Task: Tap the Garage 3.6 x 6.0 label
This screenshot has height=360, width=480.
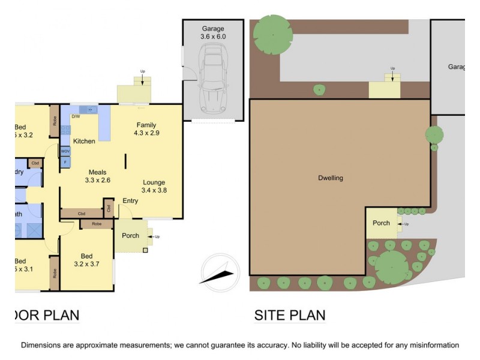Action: pyautogui.click(x=213, y=32)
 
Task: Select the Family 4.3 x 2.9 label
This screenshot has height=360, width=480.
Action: pyautogui.click(x=146, y=128)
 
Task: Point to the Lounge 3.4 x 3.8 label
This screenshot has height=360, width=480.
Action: pyautogui.click(x=154, y=186)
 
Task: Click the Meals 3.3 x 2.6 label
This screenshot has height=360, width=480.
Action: pyautogui.click(x=98, y=175)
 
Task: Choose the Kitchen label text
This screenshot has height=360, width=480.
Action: pyautogui.click(x=84, y=141)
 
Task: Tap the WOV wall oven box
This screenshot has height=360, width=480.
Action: pyautogui.click(x=65, y=151)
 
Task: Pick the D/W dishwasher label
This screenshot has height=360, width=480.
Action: pyautogui.click(x=76, y=116)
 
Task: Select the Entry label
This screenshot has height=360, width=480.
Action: pyautogui.click(x=130, y=201)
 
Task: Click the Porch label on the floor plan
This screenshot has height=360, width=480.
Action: pyautogui.click(x=130, y=235)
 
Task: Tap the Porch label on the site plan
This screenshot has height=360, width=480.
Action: pyautogui.click(x=381, y=223)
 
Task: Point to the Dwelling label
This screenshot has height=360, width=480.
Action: pyautogui.click(x=331, y=178)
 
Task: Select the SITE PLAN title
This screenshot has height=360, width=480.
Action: pyautogui.click(x=290, y=315)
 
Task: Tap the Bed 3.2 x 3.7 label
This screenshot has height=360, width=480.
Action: pyautogui.click(x=85, y=259)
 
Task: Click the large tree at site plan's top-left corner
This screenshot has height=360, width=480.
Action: pyautogui.click(x=272, y=35)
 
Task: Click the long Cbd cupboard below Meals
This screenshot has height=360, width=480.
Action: pyautogui.click(x=81, y=213)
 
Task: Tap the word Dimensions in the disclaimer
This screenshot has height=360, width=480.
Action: pyautogui.click(x=43, y=345)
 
